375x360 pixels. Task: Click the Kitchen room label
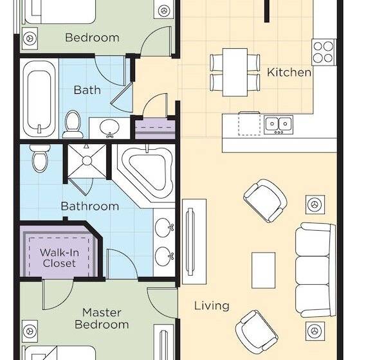[x=289, y=72]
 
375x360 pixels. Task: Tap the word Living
[x=212, y=305]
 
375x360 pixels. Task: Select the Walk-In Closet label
[x=59, y=257]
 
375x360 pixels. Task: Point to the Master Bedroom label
[x=102, y=318]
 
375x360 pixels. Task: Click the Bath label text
[x=87, y=90]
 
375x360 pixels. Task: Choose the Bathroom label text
[x=89, y=206]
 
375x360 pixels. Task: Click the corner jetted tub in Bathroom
[x=146, y=169]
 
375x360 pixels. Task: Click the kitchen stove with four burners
[x=323, y=50]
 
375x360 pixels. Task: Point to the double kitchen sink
[x=278, y=123]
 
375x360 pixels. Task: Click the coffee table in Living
[x=263, y=270]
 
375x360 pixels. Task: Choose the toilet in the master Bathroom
[x=40, y=157]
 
